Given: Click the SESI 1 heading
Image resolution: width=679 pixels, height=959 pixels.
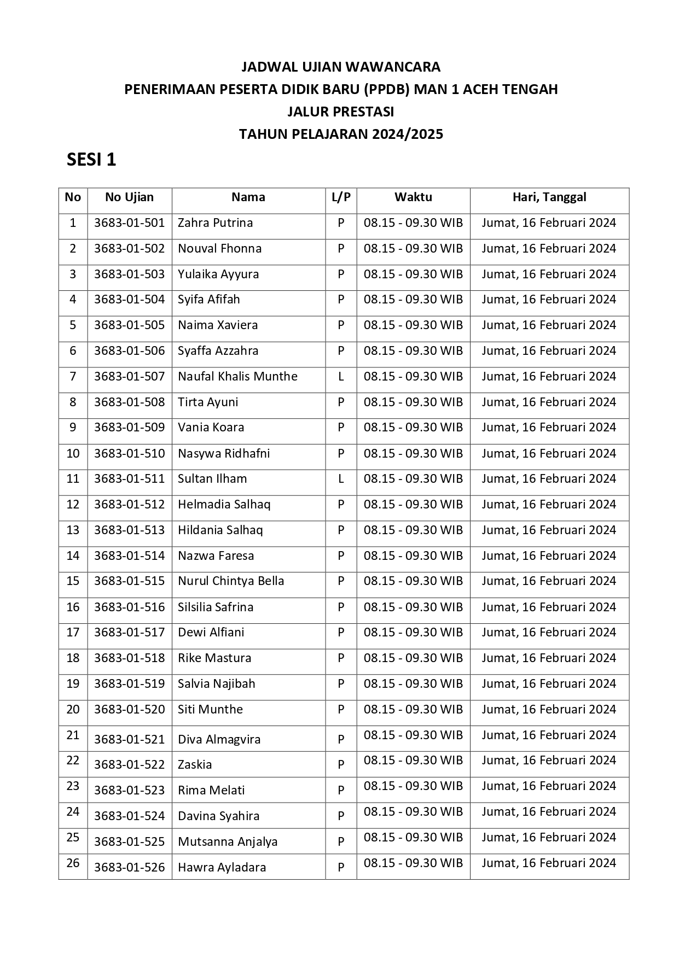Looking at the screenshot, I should tap(91, 160).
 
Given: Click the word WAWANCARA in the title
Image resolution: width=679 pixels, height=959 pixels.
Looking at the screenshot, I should tap(393, 67).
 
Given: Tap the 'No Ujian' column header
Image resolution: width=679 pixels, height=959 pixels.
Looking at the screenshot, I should tap(129, 197).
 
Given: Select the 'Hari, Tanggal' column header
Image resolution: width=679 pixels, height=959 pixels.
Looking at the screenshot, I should tap(549, 197).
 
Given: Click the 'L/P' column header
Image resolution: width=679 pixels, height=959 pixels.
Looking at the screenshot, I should tap(341, 197).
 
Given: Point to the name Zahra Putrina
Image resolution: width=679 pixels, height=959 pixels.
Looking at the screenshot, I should tap(215, 223).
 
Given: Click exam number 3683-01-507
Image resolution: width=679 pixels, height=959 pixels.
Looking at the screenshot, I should tap(129, 377).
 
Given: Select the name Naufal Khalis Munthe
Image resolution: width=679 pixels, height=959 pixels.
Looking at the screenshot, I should tap(237, 377).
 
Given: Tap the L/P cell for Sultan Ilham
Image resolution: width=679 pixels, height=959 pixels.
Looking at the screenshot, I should tap(341, 479).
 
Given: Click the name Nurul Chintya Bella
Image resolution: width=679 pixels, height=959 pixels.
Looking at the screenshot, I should tap(231, 581).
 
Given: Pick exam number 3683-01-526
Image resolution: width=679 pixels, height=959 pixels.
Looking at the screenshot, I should tap(129, 867).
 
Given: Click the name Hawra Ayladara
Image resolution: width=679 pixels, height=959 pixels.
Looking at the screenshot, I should tap(222, 867).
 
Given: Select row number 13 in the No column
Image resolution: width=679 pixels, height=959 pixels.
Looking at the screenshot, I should tap(73, 530).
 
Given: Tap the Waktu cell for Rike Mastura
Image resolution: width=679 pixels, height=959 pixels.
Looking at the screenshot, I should tap(413, 658).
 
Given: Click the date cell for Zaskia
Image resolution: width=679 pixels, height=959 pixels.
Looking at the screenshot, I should tap(549, 761).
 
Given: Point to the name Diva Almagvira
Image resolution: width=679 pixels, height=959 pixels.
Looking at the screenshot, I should tap(219, 739).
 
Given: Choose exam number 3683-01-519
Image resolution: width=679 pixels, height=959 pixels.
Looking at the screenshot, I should tap(129, 684).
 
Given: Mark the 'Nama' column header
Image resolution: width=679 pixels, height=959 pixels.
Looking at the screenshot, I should tap(248, 197).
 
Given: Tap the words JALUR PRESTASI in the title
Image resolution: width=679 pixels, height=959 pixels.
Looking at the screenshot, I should tap(341, 112).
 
